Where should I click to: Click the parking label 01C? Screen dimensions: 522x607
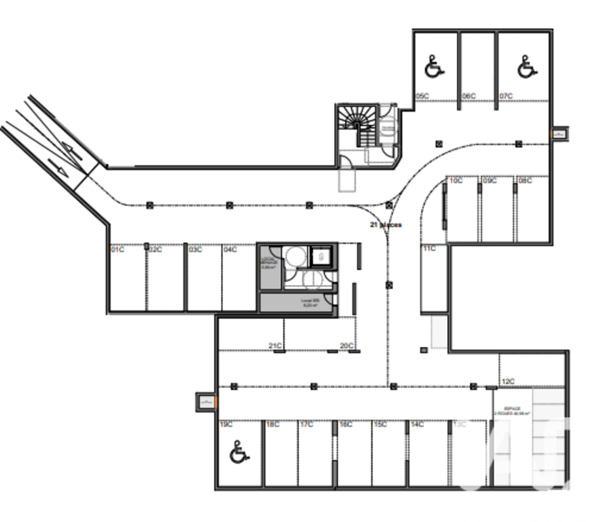click(118, 249)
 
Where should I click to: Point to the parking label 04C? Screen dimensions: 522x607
click(230, 249)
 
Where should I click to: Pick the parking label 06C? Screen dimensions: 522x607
click(469, 96)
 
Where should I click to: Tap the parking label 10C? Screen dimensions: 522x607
click(456, 181)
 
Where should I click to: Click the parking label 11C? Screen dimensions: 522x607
click(430, 248)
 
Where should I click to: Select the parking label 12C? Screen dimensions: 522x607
click(508, 381)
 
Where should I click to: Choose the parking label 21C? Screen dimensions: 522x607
click(275, 346)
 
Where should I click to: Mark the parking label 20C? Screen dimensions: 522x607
click(347, 346)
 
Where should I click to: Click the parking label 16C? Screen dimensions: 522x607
click(345, 424)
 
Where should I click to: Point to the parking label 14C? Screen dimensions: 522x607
click(417, 424)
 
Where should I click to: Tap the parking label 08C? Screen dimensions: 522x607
click(525, 181)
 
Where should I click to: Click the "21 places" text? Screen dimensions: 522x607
click(385, 224)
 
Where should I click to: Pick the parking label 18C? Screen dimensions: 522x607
click(273, 424)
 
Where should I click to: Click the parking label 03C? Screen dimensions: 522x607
click(195, 249)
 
